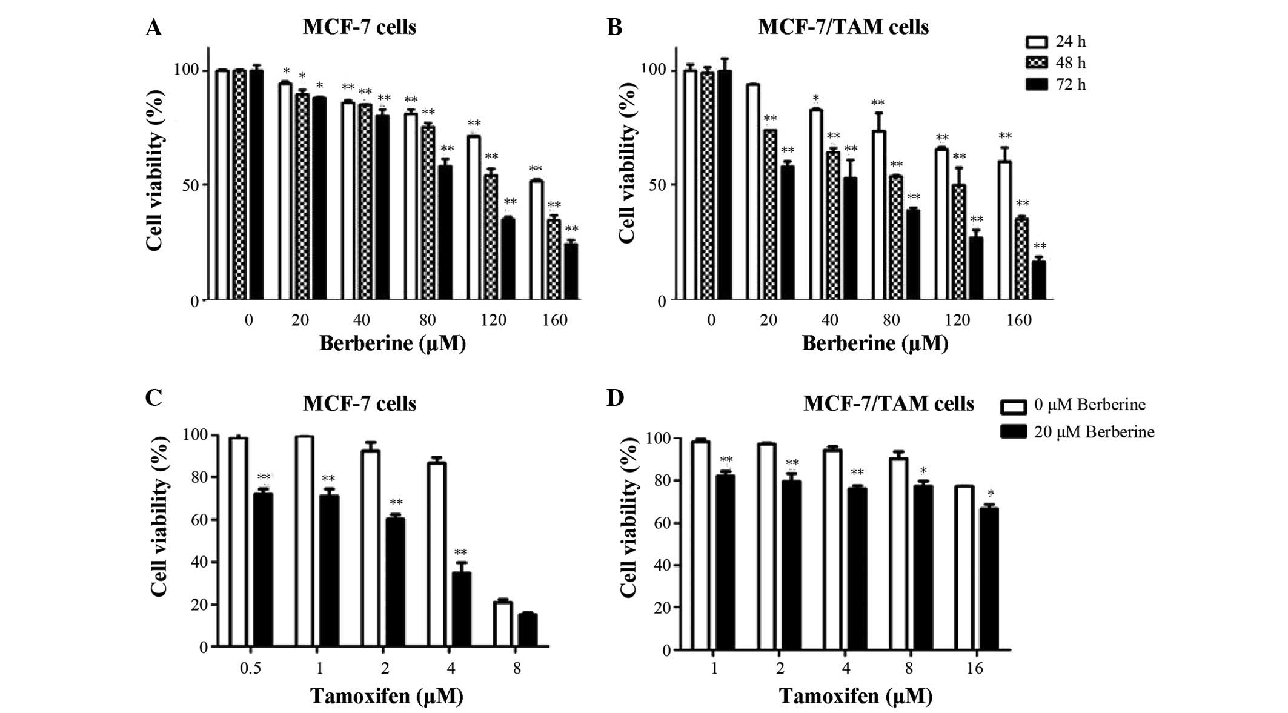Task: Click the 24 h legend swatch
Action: tap(1037, 42)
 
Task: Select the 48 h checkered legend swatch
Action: tap(1037, 63)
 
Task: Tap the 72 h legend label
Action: tap(1071, 85)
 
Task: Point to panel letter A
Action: tap(154, 28)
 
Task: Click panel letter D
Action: tap(616, 399)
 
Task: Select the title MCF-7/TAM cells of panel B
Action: tap(843, 27)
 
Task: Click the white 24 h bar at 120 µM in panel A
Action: tap(474, 218)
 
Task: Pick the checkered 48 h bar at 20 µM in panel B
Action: tap(770, 214)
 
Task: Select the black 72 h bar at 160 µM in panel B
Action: tap(1038, 280)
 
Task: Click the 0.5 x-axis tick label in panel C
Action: tap(250, 668)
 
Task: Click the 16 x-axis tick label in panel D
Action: tap(975, 669)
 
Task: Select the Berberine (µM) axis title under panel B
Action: tap(875, 343)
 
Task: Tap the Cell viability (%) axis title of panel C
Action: tap(158, 516)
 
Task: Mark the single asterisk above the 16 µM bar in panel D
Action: tap(991, 493)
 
